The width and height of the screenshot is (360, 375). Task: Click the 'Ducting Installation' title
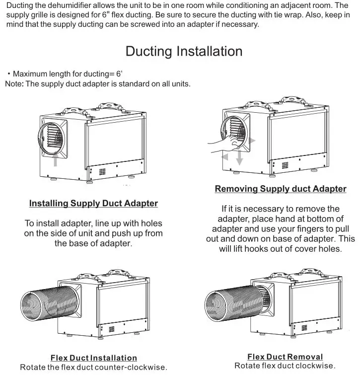pos(184,52)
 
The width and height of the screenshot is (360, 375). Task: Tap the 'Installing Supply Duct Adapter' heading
pos(93,203)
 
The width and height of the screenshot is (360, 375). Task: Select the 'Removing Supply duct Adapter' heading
pos(281,189)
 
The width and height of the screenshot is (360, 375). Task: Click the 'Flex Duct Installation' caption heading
pos(93,358)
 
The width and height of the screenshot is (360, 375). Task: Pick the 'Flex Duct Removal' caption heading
pos(285,357)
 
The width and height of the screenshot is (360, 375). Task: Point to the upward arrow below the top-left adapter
pos(56,159)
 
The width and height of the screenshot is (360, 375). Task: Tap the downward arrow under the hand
pos(239,158)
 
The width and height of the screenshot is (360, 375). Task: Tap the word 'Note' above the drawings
pos(13,84)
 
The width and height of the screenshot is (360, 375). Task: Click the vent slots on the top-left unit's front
pos(103,172)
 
